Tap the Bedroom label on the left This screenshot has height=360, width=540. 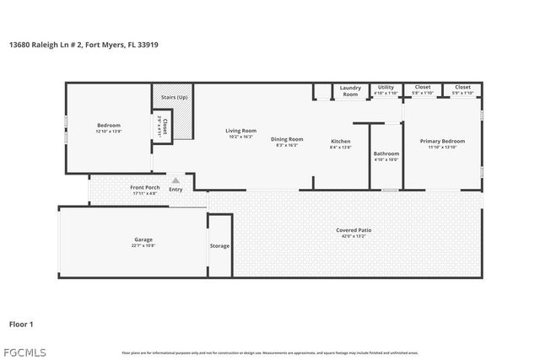pos(109,126)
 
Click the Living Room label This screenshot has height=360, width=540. pos(240,131)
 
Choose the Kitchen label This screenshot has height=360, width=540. pos(340,141)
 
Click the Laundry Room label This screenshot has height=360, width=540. pos(350,90)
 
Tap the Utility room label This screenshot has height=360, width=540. pos(386,87)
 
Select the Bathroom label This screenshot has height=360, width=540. pos(386,153)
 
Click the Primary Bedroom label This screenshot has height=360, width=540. pos(446,141)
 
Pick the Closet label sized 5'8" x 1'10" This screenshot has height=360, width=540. pos(422,87)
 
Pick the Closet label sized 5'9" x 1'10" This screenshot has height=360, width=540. pos(462,87)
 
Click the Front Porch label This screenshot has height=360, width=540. pos(144,187)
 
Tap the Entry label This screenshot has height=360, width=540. pos(175,189)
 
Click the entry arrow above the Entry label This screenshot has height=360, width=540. pos(175,180)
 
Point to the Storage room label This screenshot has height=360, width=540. pos(219,245)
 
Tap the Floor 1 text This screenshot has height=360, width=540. pos(21,323)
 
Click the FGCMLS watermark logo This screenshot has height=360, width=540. pos(24,351)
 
